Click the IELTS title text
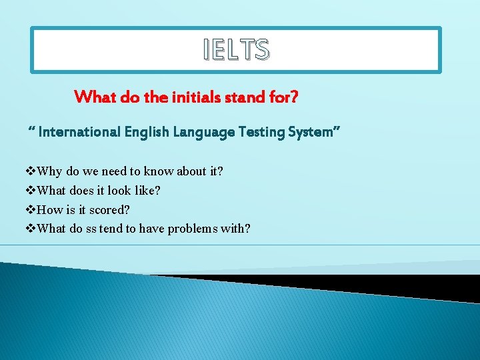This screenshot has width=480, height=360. [237, 49]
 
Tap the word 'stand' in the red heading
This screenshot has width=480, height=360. [243, 97]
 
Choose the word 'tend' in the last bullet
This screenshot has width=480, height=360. [111, 229]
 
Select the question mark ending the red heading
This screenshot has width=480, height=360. [293, 97]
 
